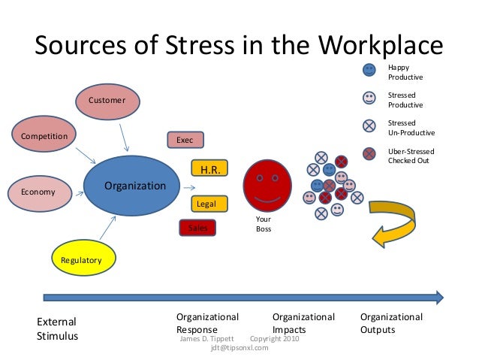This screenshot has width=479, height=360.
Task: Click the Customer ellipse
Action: pos(107,101)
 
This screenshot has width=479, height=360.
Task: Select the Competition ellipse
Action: pos(44,136)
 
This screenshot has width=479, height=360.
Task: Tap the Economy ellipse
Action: pos(38,192)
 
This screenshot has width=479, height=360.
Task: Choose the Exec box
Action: pos(185,141)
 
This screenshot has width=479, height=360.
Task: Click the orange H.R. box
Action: pos(209,170)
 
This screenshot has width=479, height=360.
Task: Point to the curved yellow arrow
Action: pos(398,222)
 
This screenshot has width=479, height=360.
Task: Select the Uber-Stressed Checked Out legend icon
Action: pos(369,154)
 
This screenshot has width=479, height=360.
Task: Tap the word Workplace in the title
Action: pos(379,47)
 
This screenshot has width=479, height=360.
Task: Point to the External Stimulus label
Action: pos(57,329)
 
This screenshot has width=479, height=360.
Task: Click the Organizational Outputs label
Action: pos(391,323)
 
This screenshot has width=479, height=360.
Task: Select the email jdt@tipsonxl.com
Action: pos(239,347)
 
